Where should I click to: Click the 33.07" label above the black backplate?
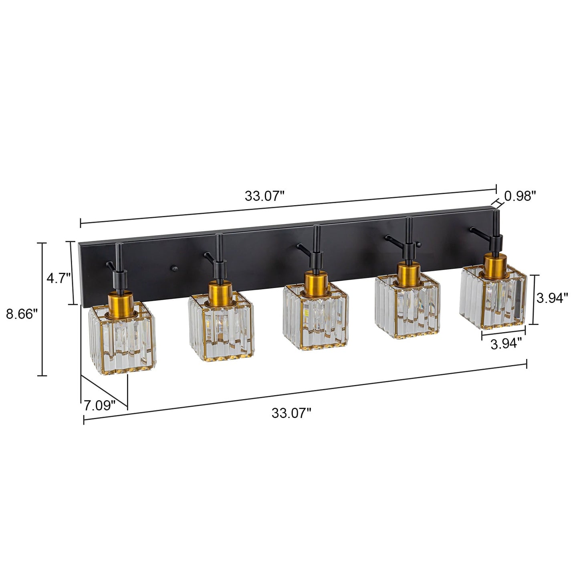264,196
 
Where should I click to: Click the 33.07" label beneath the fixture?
291,413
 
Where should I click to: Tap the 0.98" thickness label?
520,196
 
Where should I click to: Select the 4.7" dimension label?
59,278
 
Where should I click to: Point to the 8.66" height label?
22,314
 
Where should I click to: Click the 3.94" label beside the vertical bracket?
552,298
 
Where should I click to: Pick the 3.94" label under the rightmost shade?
506,344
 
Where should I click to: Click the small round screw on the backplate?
174,268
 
